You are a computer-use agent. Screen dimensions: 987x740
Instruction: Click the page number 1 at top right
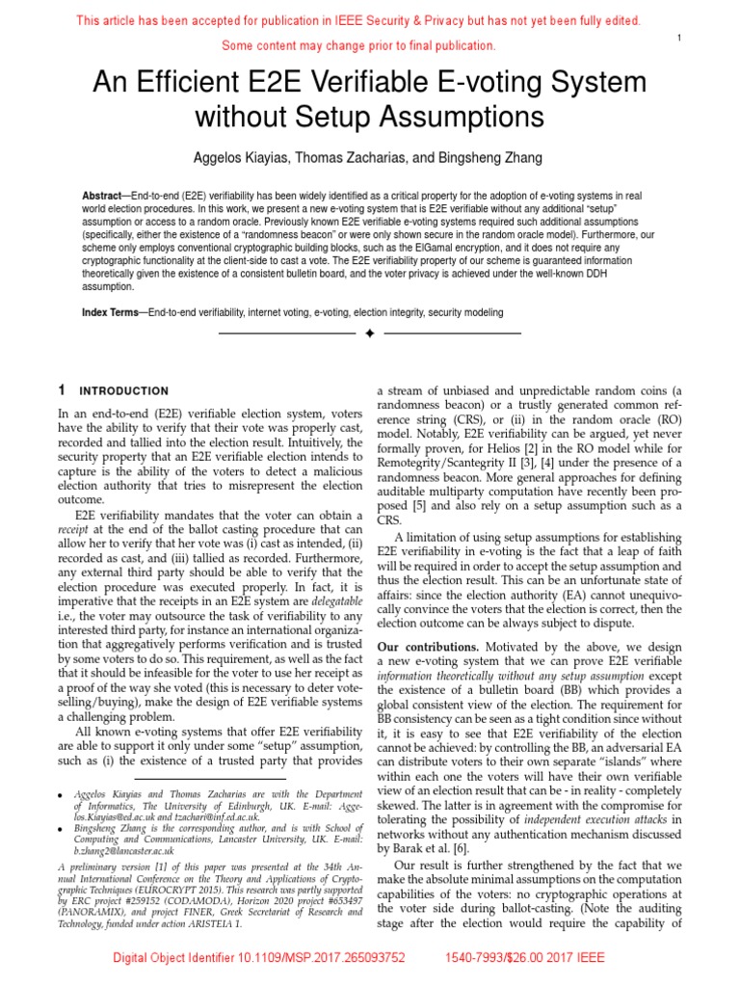pyautogui.click(x=680, y=38)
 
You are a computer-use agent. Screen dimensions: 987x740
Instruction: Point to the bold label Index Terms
pyautogui.click(x=110, y=313)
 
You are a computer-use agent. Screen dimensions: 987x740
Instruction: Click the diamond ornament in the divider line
pyautogui.click(x=370, y=333)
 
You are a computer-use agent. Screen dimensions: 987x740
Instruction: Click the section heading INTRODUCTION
pyautogui.click(x=123, y=391)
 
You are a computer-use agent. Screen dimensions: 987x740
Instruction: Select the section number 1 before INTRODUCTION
pyautogui.click(x=62, y=391)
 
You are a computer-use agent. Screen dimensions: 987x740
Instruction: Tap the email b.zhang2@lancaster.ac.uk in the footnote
pyautogui.click(x=123, y=851)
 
